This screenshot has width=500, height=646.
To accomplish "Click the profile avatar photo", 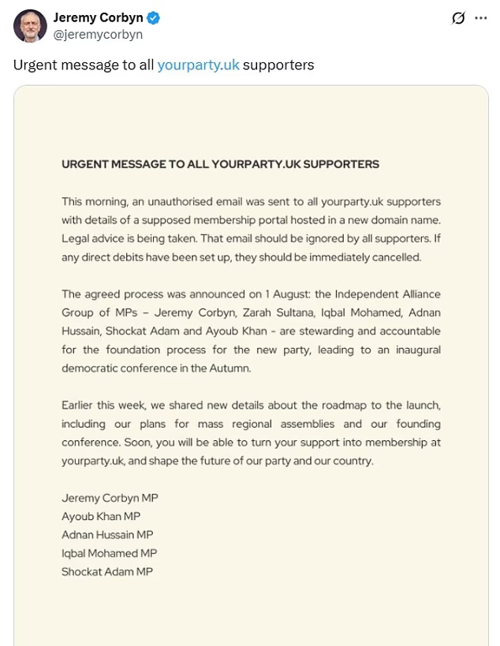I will (x=30, y=26).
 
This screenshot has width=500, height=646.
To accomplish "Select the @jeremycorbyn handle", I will (x=98, y=35).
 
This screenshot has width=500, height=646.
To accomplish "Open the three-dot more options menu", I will (x=480, y=18).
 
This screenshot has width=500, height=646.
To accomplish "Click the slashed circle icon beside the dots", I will (x=457, y=18).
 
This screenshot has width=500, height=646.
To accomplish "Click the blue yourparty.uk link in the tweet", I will (x=198, y=65).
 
